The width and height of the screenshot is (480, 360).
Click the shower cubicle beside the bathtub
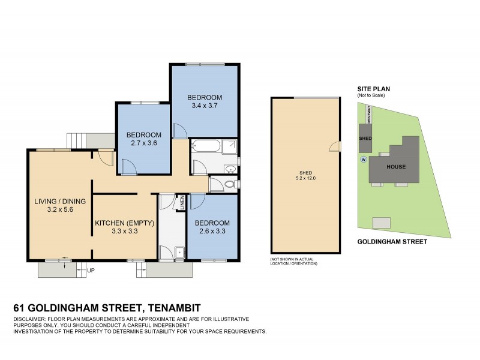click(230, 147)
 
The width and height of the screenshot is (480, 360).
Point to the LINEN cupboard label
click(180, 203)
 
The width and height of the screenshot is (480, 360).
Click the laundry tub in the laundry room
click(179, 253)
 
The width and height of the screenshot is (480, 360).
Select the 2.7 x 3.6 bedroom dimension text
click(143, 143)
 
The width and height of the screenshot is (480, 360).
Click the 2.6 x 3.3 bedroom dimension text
click(213, 232)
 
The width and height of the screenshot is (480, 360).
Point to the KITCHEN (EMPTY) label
click(125, 223)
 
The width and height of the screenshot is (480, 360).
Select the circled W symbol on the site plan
click(363, 160)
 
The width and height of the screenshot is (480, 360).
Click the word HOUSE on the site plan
click(396, 167)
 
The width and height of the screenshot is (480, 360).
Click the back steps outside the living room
click(76, 140)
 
